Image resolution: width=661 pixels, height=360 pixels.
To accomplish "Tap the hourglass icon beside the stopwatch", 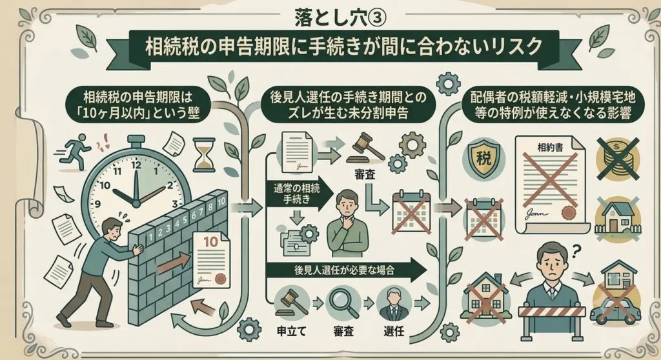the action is coord(203,155).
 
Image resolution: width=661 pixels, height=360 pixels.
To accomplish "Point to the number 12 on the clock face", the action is coord(136,165).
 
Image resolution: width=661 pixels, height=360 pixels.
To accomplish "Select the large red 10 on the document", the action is coord(211,241).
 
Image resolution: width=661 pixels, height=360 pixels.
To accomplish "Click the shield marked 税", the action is coord(483,159).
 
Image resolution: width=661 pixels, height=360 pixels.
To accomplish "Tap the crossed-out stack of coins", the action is coord(617,159).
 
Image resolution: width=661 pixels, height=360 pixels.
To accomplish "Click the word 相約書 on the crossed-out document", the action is coord(550,148).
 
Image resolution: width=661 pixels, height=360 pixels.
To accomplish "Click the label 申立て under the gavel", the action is coord(291,331).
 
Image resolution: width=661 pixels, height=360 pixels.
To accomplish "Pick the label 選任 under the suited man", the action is coord(394,331).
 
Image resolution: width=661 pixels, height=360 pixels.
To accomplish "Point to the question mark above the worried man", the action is coord(576,252).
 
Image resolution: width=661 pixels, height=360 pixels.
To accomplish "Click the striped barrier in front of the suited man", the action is coord(553,312).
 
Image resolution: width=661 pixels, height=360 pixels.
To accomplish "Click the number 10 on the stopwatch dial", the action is coord(105,185).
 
